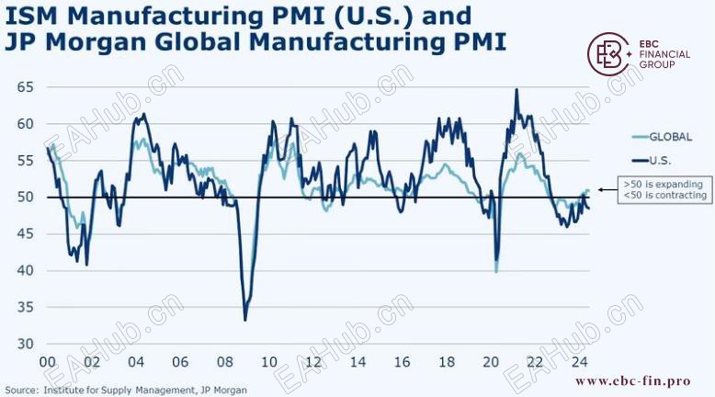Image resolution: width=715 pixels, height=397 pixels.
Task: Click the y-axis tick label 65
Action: tap(24, 86)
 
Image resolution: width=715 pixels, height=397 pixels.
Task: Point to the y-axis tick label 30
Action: tap(24, 344)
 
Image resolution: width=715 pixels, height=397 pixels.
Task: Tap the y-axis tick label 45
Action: tap(24, 233)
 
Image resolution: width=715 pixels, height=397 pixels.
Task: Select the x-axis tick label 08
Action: tap(224, 362)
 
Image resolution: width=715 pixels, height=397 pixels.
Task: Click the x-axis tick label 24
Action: tap(579, 362)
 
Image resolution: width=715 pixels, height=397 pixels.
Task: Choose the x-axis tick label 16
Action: tap(402, 362)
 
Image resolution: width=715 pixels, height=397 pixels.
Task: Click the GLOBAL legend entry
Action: tap(670, 137)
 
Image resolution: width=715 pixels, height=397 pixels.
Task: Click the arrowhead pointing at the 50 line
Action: tap(602, 190)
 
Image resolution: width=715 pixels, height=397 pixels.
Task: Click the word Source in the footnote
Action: tap(22, 390)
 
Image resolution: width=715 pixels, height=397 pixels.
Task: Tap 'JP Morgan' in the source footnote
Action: tap(224, 390)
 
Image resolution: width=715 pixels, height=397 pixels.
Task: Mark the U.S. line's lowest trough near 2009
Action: tap(244, 319)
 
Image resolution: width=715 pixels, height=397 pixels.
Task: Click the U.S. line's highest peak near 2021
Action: tap(516, 89)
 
